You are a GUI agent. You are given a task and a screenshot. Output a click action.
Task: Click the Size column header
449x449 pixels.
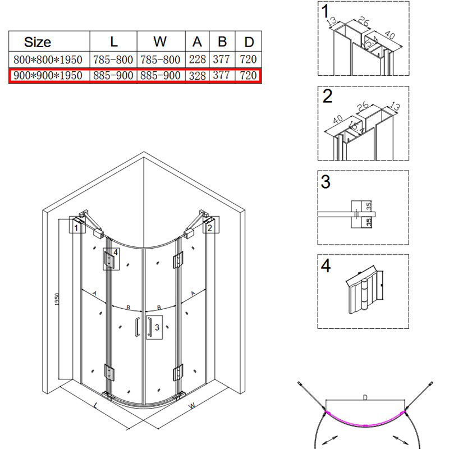(38, 42)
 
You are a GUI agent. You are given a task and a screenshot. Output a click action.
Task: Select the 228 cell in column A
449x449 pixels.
(198, 59)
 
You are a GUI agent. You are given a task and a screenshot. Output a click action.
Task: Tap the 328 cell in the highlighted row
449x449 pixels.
(198, 76)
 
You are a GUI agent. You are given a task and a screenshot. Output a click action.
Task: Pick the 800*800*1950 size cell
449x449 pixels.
(48, 59)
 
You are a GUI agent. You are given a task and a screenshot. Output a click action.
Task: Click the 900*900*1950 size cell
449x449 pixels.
(48, 75)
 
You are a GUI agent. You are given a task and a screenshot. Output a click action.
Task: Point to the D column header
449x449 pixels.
(249, 42)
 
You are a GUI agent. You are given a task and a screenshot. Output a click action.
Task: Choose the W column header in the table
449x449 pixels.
(160, 42)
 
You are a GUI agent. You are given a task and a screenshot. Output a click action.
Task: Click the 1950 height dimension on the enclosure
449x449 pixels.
(57, 299)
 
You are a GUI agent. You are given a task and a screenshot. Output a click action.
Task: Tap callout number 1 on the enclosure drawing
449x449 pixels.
(76, 228)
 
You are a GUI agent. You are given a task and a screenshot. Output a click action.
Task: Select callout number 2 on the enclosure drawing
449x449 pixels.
(210, 228)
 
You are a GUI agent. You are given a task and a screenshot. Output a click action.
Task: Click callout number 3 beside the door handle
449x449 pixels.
(157, 327)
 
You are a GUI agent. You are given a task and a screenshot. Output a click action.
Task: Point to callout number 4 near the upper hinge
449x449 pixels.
(116, 252)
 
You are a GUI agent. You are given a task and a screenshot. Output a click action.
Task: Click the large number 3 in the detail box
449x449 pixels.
(326, 182)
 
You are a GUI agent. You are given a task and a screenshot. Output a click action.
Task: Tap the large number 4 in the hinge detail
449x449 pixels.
(326, 265)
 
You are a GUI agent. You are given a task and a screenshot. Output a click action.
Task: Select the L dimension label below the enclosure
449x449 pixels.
(95, 405)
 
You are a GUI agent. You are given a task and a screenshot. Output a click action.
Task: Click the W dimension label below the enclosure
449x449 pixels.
(191, 405)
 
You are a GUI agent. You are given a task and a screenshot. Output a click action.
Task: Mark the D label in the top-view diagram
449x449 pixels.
(365, 397)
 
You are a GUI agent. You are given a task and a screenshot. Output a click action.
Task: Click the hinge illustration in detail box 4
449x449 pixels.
(364, 290)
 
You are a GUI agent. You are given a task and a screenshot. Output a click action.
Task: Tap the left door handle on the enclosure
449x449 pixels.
(138, 327)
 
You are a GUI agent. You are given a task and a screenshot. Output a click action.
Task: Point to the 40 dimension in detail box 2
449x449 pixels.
(338, 119)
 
